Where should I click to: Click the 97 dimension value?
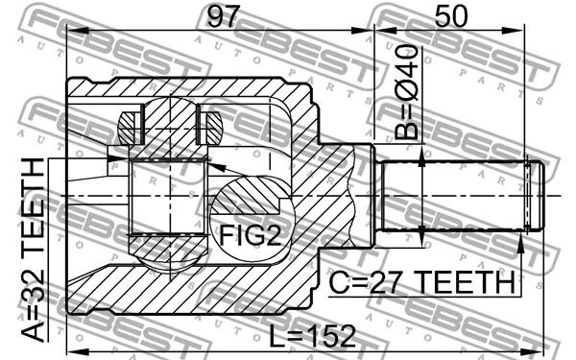point(224,17)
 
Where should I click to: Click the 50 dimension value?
point(451,16)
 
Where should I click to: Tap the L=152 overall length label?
point(313,336)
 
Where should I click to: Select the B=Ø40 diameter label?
point(407,92)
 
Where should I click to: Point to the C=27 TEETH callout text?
point(421,282)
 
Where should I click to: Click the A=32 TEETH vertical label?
point(33,251)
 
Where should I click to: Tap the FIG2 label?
point(251,235)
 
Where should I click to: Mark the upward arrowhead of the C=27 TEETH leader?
point(520,244)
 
